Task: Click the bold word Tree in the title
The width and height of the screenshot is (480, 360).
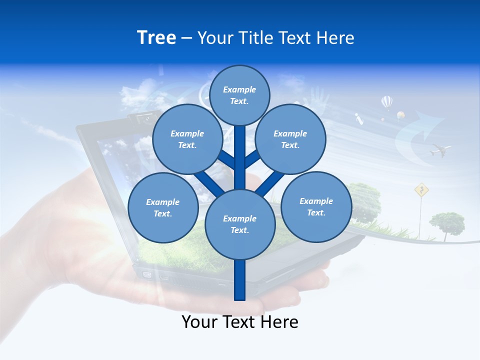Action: [x=156, y=38]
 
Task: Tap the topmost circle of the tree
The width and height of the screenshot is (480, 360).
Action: [x=239, y=95]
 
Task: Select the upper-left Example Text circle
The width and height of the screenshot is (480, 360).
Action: [x=187, y=139]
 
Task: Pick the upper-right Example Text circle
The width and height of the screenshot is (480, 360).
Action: [x=290, y=139]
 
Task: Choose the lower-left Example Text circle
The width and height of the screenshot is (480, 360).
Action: [x=163, y=207]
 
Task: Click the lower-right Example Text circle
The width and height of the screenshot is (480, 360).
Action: [x=316, y=206]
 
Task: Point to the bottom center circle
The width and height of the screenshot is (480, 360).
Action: [x=240, y=224]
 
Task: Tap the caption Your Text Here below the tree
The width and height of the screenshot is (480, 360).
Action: [x=240, y=322]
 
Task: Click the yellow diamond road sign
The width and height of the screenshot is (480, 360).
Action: [x=422, y=189]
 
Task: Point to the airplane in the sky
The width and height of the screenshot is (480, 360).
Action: [x=440, y=149]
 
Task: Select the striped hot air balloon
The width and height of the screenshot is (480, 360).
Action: [x=387, y=102]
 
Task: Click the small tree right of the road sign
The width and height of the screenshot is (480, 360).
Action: [x=447, y=221]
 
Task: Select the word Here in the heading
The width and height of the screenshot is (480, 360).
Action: [x=336, y=38]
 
